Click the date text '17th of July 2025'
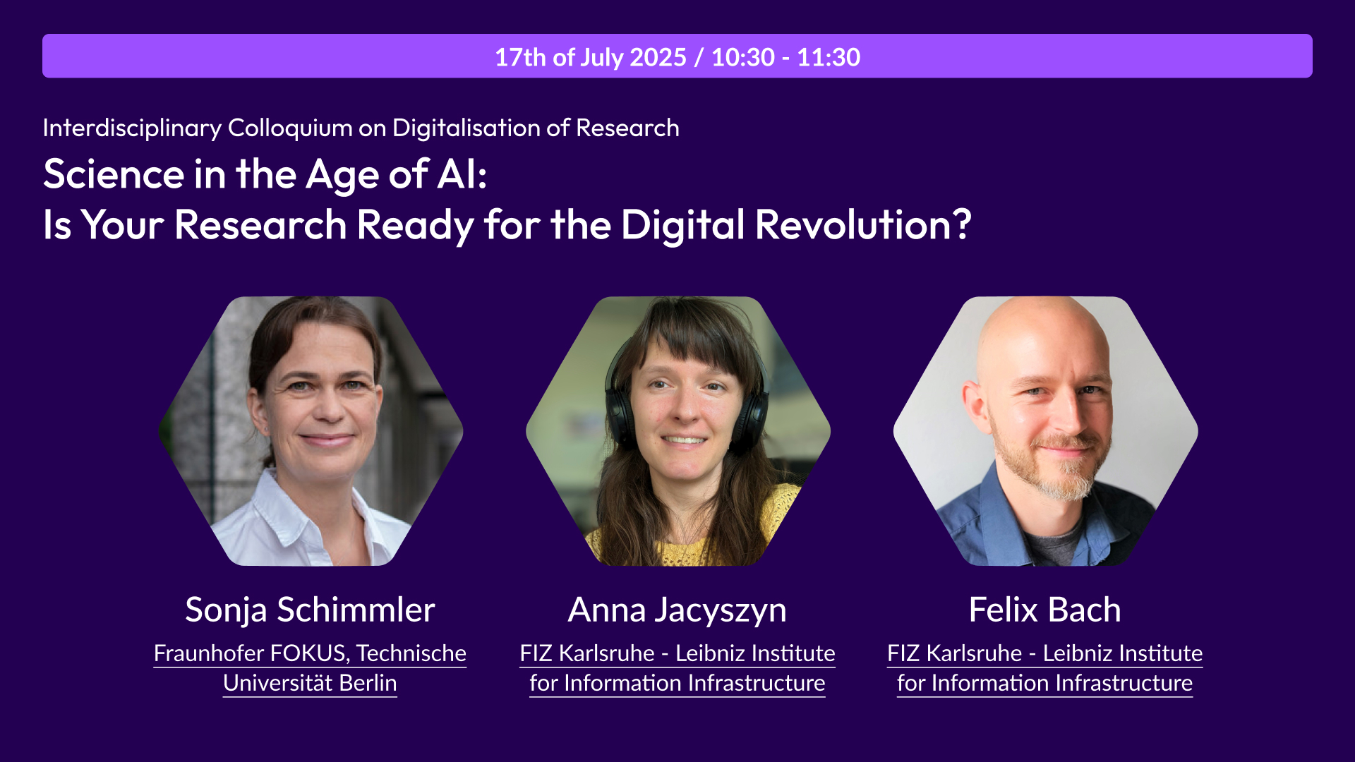click(x=591, y=57)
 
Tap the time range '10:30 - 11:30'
click(x=785, y=57)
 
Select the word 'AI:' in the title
click(x=462, y=174)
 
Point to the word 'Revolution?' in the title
click(x=863, y=224)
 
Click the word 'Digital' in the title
click(x=683, y=224)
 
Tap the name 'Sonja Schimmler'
click(x=310, y=609)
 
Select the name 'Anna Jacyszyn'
click(x=677, y=610)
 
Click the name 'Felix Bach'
click(x=1044, y=609)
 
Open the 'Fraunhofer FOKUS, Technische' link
click(x=310, y=653)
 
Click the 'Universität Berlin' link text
click(x=310, y=683)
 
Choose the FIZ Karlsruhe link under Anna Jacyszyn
click(x=677, y=668)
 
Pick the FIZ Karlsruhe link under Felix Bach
click(x=1044, y=668)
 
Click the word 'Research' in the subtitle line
click(x=627, y=128)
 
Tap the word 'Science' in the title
click(x=114, y=174)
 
